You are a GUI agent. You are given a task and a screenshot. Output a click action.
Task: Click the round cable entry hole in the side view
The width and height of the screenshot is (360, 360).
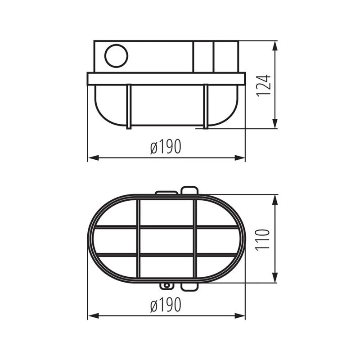point(116,56)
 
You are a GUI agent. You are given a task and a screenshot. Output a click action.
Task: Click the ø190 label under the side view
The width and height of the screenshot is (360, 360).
point(166,147)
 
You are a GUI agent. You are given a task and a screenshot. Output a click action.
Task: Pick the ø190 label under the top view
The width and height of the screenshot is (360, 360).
point(166,305)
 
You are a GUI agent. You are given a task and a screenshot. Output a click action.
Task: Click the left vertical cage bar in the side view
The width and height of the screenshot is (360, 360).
point(129,107)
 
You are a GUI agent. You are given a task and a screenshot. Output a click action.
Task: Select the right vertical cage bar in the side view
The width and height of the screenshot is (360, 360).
point(206,107)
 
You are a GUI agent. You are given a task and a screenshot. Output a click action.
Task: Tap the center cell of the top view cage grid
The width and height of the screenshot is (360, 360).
point(166,241)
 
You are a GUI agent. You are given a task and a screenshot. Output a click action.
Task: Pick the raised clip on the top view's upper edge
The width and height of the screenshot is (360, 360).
point(189,190)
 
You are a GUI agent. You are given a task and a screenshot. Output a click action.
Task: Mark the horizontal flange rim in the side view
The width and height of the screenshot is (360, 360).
point(166,79)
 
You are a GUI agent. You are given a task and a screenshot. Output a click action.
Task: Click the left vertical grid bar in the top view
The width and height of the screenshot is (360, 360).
point(138,241)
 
